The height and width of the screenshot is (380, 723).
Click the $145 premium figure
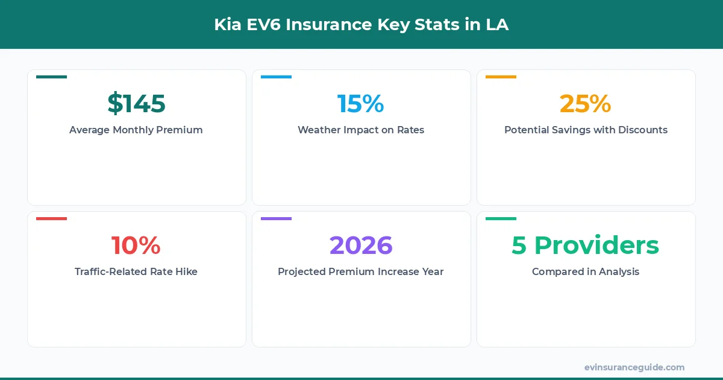136,104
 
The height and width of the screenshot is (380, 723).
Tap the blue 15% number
360,104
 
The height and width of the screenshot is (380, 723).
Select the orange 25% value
585,104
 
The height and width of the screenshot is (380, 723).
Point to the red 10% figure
136,245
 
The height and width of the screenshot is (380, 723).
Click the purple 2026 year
361,245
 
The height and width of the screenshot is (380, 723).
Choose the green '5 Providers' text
585,245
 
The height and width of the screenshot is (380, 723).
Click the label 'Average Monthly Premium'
136,130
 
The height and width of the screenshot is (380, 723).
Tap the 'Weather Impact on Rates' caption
361,130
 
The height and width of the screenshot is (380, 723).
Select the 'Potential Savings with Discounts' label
586,130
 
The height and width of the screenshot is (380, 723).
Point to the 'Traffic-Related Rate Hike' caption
136,271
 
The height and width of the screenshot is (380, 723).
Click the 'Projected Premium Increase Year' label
361,271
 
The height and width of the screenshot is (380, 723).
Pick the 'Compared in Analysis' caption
586,271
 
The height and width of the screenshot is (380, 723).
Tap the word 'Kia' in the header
227,25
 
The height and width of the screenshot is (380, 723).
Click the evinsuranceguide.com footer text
634,367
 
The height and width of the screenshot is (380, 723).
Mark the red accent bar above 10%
51,218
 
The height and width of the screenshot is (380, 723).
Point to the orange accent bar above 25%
501,77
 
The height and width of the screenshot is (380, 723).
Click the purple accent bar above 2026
276,218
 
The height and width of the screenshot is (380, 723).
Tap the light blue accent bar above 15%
276,77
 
